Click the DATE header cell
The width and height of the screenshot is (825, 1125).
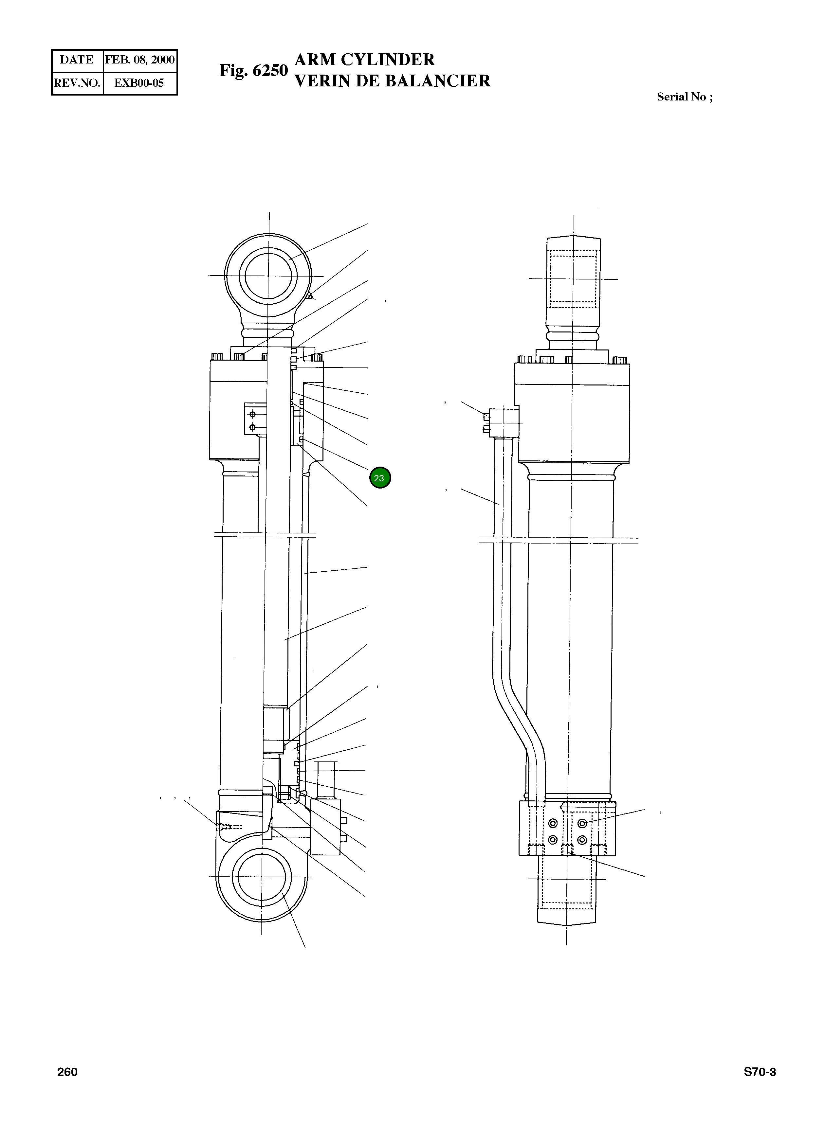pos(77,60)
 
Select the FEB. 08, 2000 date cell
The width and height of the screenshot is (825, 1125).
pos(140,60)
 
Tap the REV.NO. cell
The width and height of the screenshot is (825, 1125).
pos(77,83)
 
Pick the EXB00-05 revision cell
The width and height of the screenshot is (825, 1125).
pos(139,83)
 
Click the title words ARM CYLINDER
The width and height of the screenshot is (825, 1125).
pos(365,60)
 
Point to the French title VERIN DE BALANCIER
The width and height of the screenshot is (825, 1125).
pos(393,81)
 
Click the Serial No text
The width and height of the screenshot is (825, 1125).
pos(684,97)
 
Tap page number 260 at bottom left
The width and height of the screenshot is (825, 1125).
pos(67,1072)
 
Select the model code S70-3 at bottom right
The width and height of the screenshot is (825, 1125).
pos(760,1072)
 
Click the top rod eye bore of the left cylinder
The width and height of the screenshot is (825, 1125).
pos(268,276)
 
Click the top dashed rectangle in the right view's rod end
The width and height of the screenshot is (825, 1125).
pos(573,279)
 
